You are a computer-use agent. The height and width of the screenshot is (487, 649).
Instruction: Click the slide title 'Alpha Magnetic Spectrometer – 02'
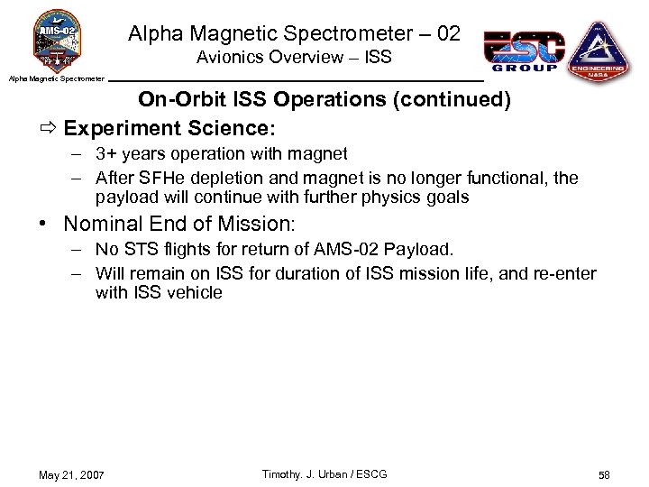pyautogui.click(x=294, y=34)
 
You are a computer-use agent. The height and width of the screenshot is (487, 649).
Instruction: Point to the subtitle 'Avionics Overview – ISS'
pyautogui.click(x=294, y=58)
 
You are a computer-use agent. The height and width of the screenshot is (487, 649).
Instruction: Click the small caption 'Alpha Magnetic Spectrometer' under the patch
pyautogui.click(x=56, y=79)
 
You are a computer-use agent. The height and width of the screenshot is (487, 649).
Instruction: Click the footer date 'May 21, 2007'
pyautogui.click(x=71, y=475)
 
